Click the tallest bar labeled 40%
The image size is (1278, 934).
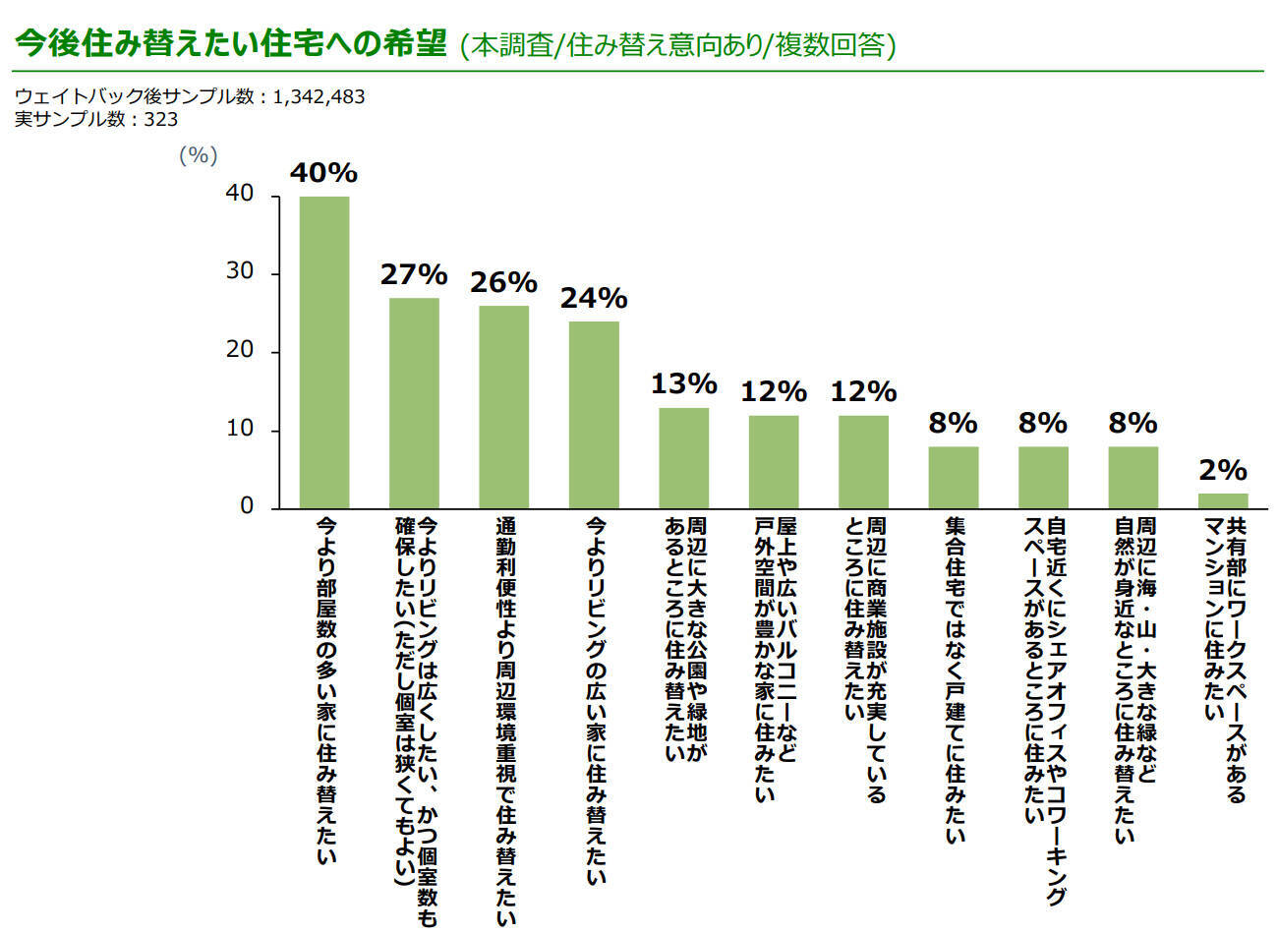click(323, 352)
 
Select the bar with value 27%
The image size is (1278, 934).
click(414, 403)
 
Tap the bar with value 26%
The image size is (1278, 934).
click(503, 407)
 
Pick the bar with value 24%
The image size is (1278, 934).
click(594, 415)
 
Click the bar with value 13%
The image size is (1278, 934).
click(683, 458)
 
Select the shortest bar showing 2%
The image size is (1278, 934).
click(1223, 500)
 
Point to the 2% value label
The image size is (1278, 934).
click(1223, 470)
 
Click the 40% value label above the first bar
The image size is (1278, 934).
click(323, 173)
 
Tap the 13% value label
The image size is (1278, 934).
click(683, 383)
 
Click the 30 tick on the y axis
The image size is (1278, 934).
click(240, 272)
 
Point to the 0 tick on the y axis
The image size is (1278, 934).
click(247, 507)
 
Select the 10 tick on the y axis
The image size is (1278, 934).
click(240, 430)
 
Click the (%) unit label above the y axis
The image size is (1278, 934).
click(199, 155)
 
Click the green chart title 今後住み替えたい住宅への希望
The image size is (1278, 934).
click(231, 44)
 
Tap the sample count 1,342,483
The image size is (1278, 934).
click(319, 96)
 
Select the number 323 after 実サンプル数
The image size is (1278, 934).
click(161, 119)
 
